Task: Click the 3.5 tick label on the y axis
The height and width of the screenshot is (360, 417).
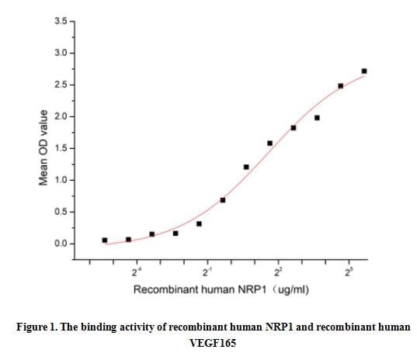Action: tap(61, 21)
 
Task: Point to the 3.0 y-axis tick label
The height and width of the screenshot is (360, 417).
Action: tap(61, 53)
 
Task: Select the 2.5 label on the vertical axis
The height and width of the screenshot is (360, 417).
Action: tap(61, 85)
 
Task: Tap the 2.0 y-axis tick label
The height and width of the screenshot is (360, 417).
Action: tap(61, 116)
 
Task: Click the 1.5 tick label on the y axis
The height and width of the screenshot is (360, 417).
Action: tap(61, 148)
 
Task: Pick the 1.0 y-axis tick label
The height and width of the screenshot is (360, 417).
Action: tap(61, 180)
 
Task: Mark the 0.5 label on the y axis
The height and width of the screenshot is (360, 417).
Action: tap(61, 212)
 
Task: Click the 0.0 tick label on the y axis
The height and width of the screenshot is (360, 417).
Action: tap(61, 244)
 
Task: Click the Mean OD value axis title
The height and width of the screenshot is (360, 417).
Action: tap(44, 147)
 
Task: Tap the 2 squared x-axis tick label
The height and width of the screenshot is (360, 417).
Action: tap(278, 272)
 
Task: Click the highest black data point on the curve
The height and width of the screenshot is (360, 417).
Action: tap(364, 71)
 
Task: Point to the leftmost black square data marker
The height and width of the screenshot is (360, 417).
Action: tap(105, 241)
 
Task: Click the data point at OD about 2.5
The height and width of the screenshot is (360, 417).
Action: tap(341, 85)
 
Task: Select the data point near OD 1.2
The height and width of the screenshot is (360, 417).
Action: tap(246, 167)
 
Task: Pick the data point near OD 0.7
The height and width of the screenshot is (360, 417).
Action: tap(223, 200)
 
